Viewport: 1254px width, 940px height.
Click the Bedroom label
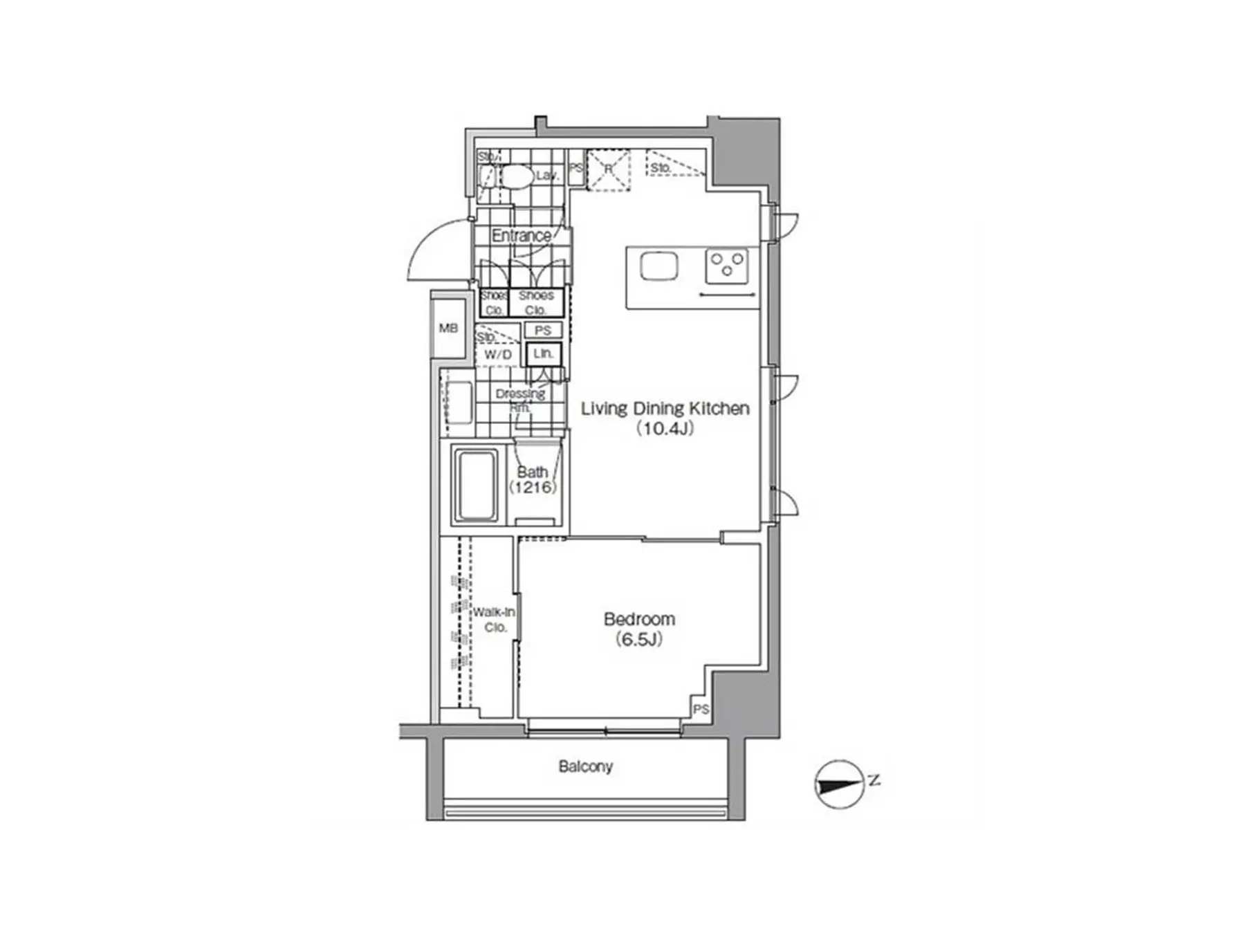pos(638,618)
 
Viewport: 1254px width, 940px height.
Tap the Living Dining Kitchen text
pos(665,408)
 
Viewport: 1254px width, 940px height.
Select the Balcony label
pos(585,766)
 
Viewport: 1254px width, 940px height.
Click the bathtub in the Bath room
pos(476,485)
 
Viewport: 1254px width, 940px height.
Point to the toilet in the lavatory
pos(515,176)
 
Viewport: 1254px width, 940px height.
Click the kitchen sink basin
pos(658,266)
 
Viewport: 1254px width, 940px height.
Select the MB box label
pos(448,328)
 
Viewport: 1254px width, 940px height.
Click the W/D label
pos(498,355)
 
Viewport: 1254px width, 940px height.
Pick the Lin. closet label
pos(543,353)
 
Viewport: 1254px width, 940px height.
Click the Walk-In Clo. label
pos(494,620)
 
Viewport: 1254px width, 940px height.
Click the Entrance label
pos(521,235)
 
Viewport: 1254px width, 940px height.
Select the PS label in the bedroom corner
pos(701,709)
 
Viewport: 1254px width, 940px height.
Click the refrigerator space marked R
pos(609,169)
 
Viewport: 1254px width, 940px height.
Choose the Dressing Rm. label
pos(520,400)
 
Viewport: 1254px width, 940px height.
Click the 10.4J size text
pos(665,428)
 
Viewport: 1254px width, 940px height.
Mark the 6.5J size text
pos(639,639)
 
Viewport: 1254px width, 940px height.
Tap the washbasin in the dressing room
pos(458,403)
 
